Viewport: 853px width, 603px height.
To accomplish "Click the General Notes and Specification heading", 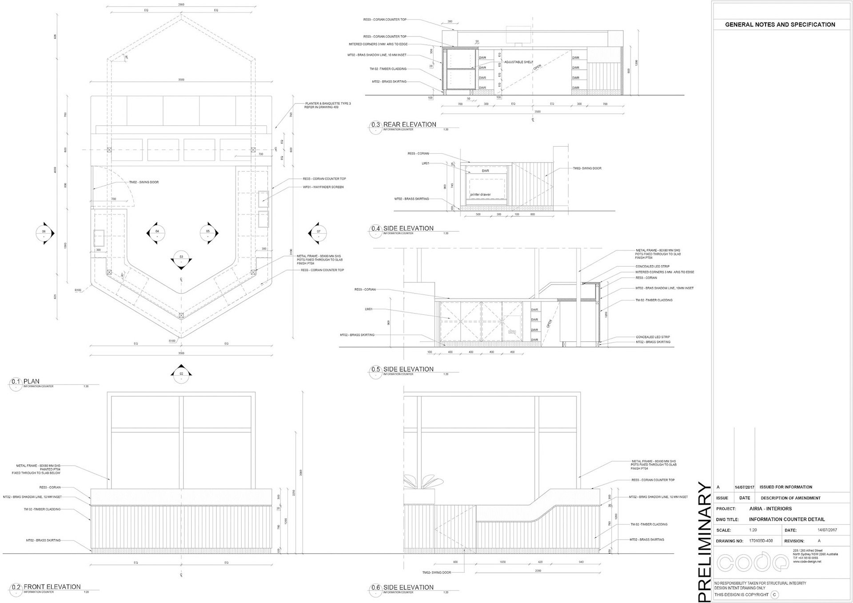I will [780, 25].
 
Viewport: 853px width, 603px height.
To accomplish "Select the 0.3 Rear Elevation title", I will [409, 125].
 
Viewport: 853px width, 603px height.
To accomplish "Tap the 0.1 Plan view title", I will [31, 381].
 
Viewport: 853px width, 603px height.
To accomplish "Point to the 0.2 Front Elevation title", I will [52, 587].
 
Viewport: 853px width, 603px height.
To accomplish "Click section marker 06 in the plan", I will [44, 233].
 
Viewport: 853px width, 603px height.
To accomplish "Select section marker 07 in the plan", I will [319, 233].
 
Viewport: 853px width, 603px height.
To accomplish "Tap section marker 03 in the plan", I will [181, 259].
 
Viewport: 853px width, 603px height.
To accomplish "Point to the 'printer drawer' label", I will [480, 194].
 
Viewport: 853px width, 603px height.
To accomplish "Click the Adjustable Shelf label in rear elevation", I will [518, 62].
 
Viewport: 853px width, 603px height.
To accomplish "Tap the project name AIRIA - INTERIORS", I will [770, 509].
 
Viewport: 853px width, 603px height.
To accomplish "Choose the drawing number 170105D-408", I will [761, 541].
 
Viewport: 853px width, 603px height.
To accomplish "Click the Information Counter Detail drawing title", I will [787, 520].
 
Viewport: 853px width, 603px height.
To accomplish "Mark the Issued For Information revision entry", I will [785, 487].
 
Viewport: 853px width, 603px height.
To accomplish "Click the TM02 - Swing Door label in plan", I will [143, 182].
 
